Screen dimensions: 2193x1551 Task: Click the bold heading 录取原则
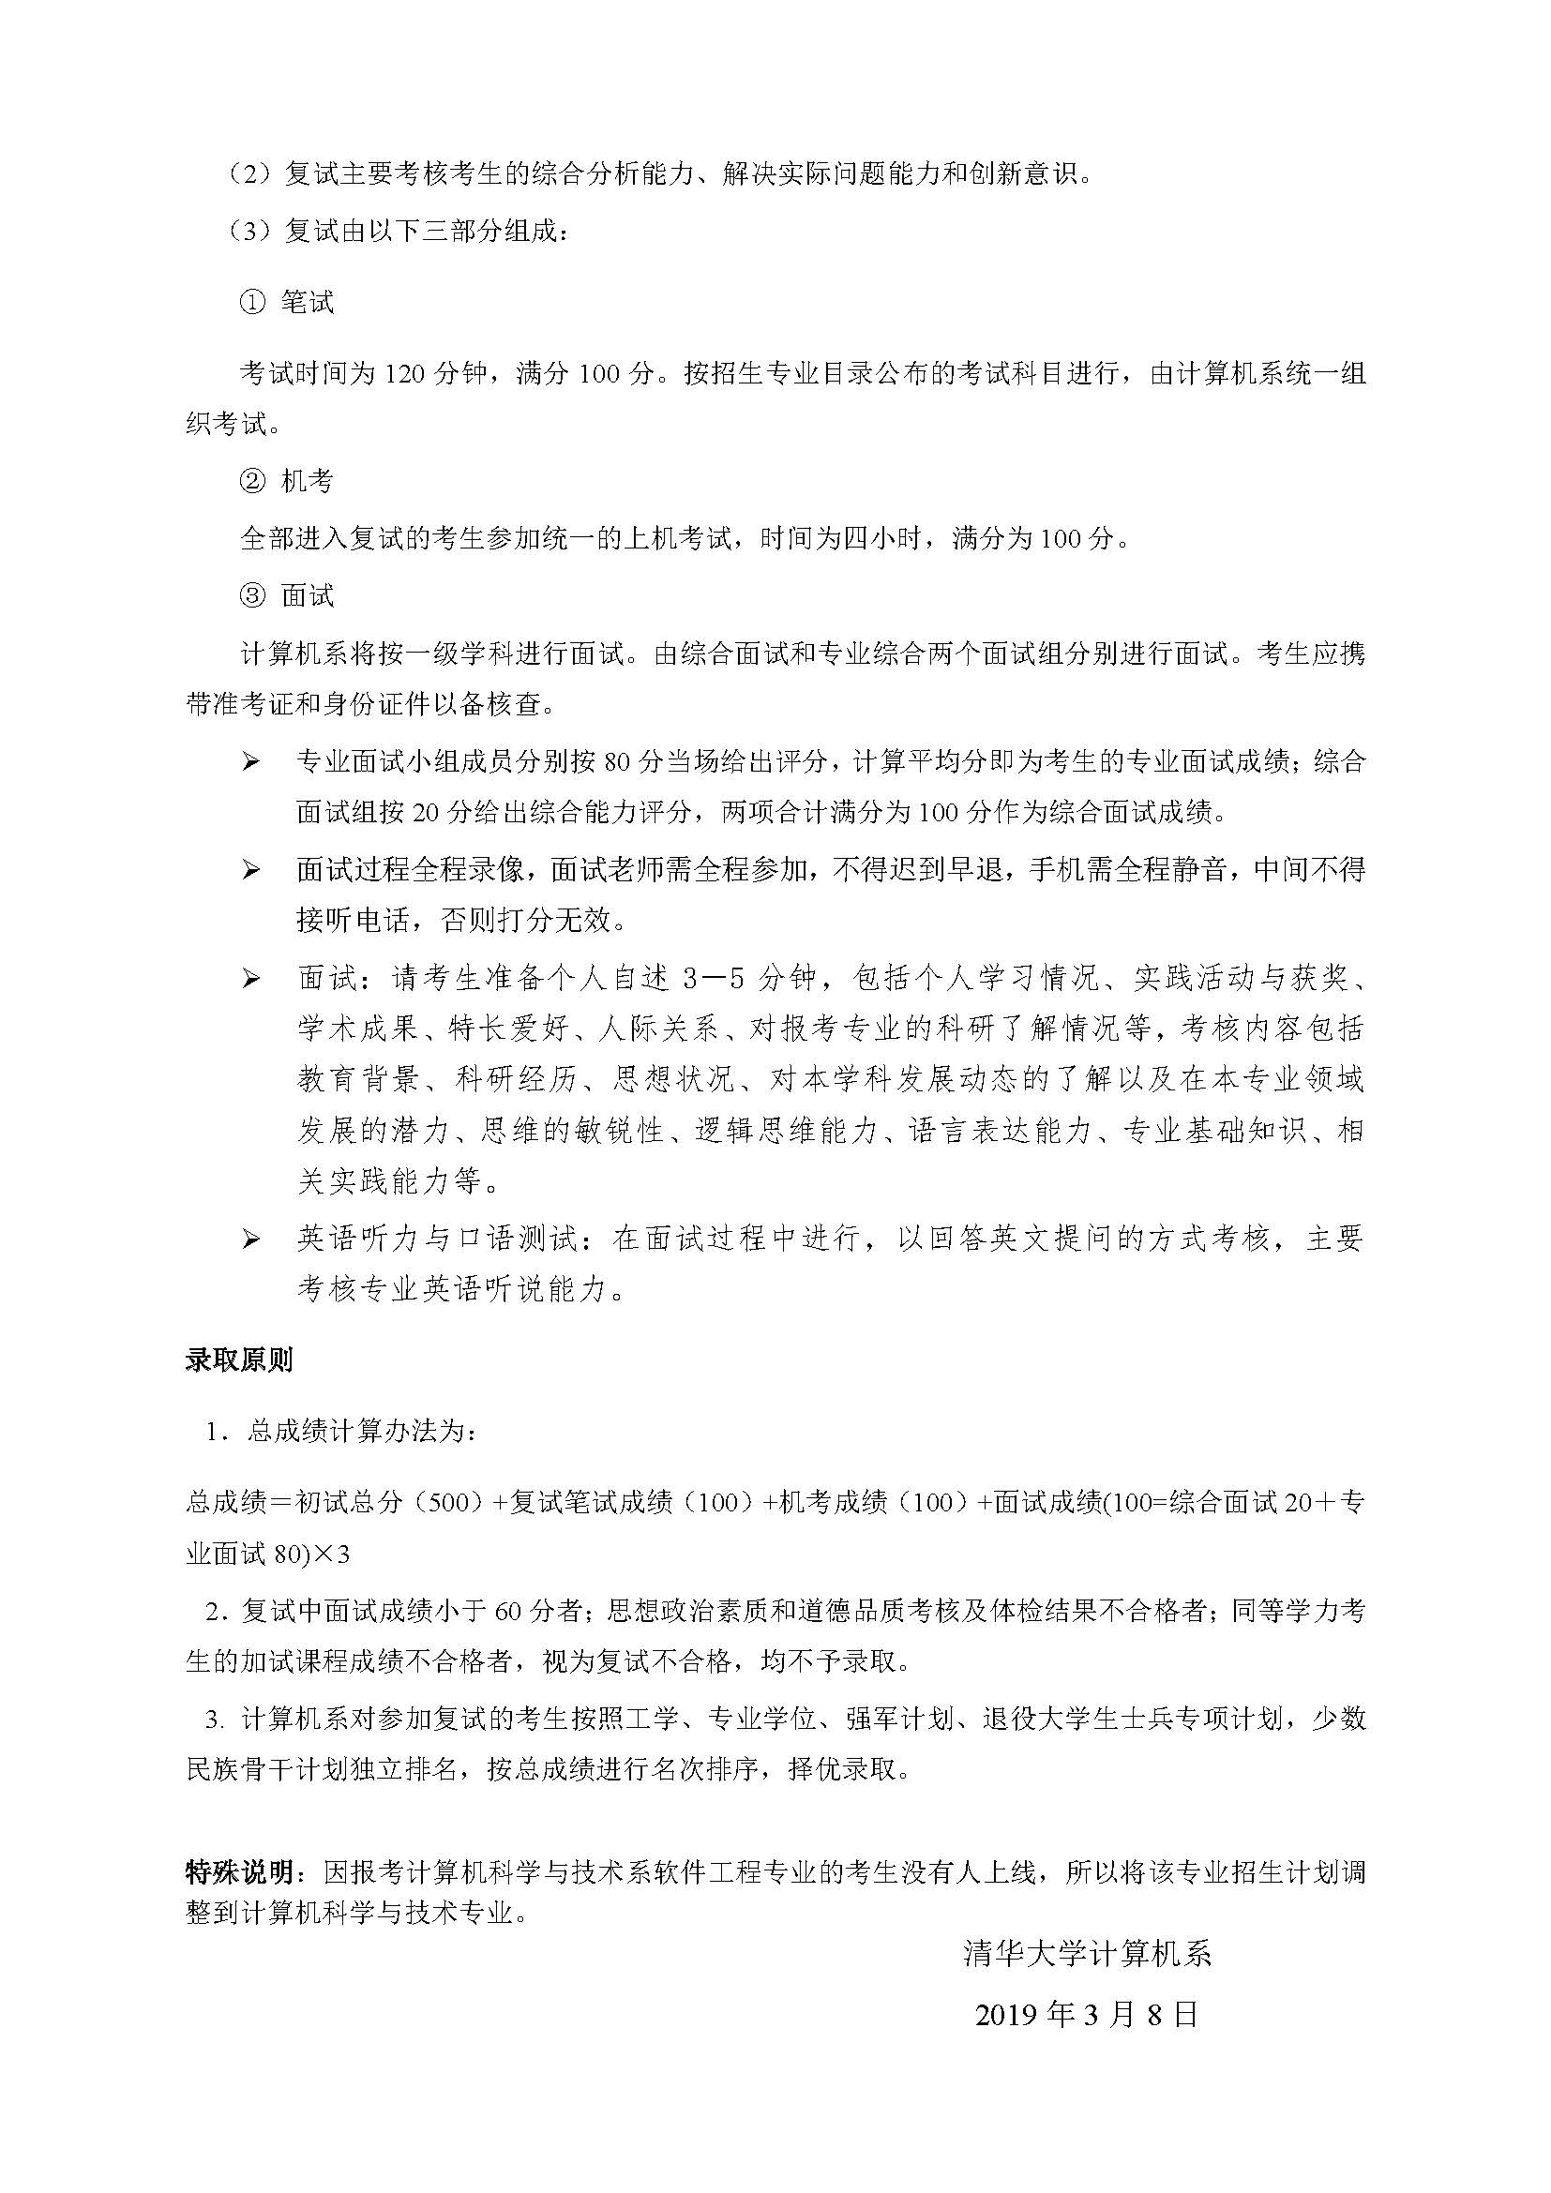[x=239, y=1361]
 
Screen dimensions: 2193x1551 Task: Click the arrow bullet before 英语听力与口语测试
[x=251, y=1239]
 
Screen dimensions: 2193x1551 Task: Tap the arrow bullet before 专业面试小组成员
[x=251, y=762]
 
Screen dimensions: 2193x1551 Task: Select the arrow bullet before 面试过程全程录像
[x=251, y=870]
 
